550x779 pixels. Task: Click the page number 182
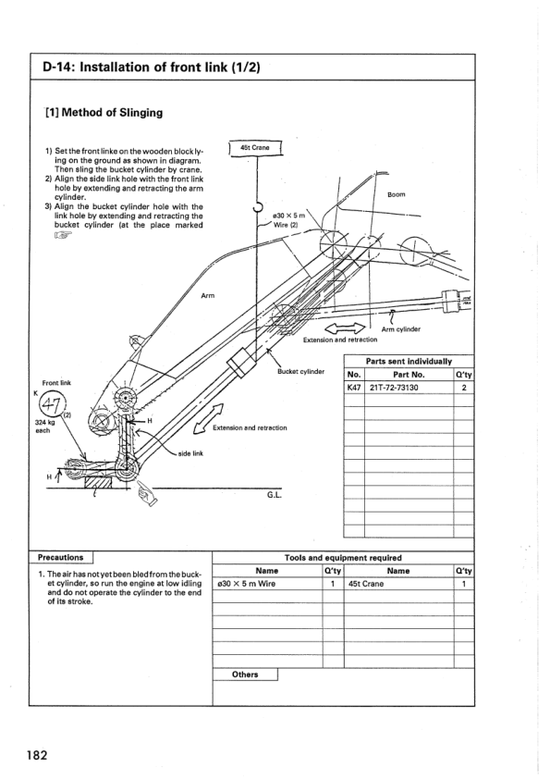pos(37,754)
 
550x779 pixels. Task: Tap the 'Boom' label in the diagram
pos(397,195)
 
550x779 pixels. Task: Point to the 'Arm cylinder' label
pos(400,328)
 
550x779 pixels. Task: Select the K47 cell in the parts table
pos(354,388)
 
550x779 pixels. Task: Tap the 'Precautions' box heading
pos(62,558)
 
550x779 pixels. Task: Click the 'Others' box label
pos(246,674)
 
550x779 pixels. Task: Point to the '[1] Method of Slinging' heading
pos(104,113)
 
